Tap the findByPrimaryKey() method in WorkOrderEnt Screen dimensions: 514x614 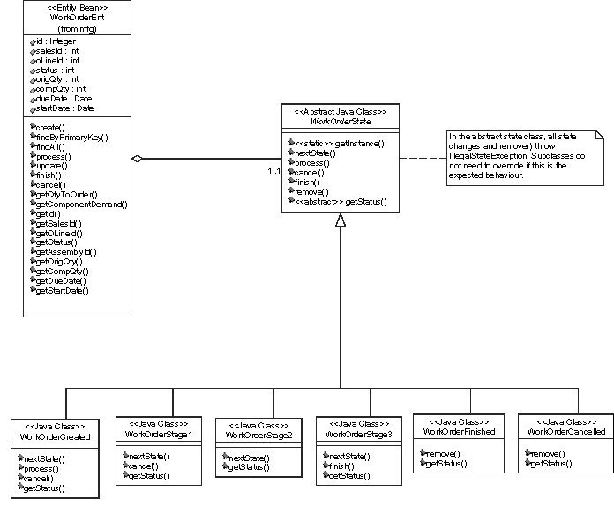71,137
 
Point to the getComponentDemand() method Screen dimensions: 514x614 80,204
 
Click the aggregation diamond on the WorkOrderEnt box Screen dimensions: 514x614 136,159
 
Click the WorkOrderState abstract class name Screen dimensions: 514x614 340,120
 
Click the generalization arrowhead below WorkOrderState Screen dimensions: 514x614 341,221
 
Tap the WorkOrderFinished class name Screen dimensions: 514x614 460,432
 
